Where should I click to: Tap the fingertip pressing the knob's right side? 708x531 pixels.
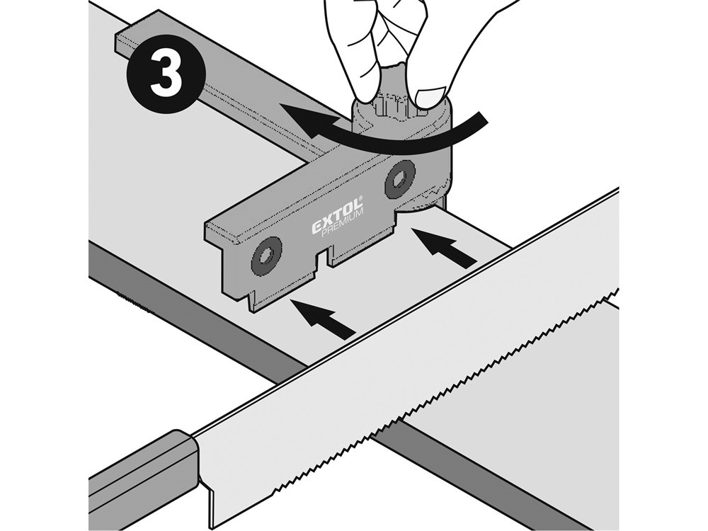click(432, 96)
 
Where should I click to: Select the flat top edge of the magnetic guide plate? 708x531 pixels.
click(297, 198)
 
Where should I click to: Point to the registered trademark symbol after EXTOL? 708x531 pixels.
click(361, 200)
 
